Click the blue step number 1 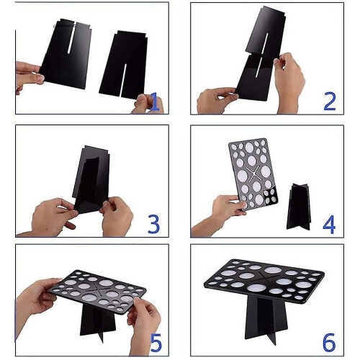tap(154, 102)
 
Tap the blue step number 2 tap(330, 102)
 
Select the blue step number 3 tap(153, 224)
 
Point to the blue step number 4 tap(329, 225)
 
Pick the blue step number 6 tap(329, 342)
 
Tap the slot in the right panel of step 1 tap(123, 81)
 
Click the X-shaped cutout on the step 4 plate tap(255, 173)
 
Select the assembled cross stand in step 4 tap(298, 207)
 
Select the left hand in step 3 tap(52, 217)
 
